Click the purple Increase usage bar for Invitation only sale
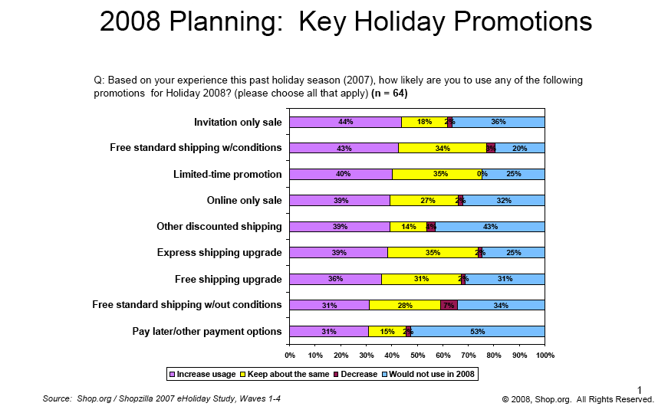click(345, 122)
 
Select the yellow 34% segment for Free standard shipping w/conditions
click(443, 148)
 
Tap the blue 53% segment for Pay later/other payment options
click(478, 331)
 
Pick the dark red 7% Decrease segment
click(449, 305)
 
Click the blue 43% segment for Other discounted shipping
click(490, 227)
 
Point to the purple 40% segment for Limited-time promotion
click(341, 174)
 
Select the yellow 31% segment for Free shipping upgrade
click(421, 279)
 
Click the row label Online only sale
click(244, 201)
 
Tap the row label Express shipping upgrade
click(219, 253)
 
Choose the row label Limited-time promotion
click(227, 175)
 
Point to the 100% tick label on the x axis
click(545, 355)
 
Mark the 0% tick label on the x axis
click(290, 355)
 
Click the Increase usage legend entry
click(202, 374)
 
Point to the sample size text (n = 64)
click(389, 93)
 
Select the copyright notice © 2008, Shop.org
click(578, 399)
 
